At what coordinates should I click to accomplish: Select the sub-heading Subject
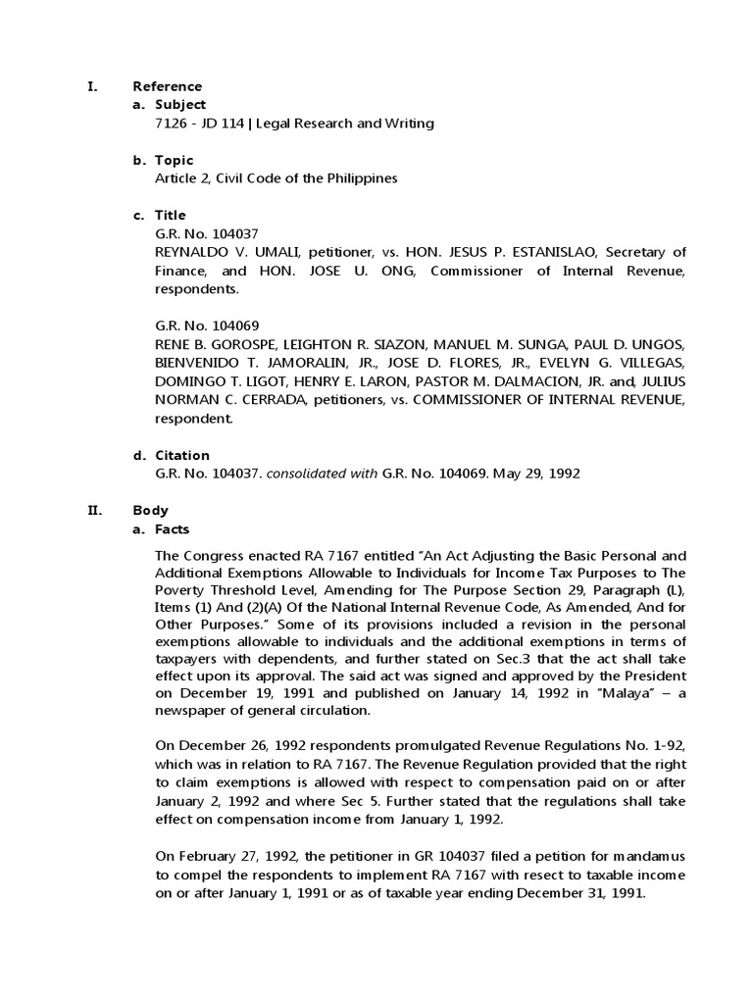pyautogui.click(x=180, y=105)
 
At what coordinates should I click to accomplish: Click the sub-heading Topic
pyautogui.click(x=175, y=160)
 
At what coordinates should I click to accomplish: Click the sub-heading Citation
pyautogui.click(x=182, y=455)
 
